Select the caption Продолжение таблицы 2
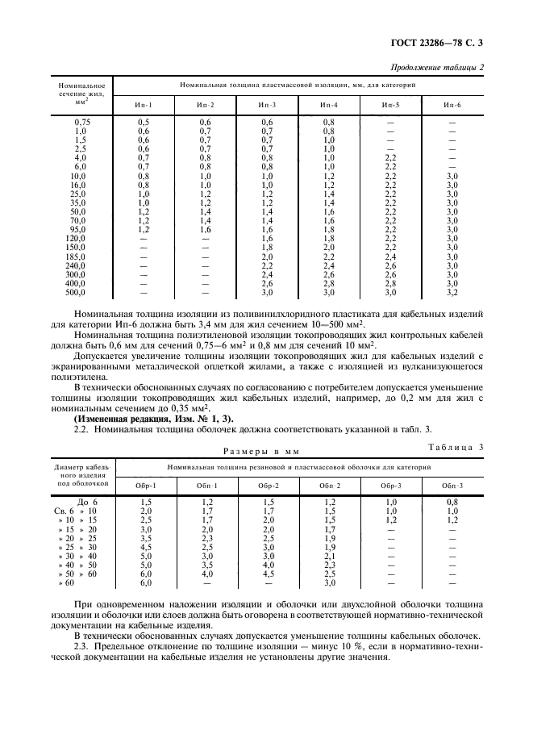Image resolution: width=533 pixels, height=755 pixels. (x=436, y=67)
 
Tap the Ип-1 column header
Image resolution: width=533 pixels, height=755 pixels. (x=143, y=105)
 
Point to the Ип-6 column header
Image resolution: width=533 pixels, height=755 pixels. (x=452, y=105)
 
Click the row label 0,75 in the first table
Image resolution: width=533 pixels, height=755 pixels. (x=81, y=122)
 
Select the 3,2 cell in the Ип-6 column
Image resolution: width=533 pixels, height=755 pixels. (x=452, y=293)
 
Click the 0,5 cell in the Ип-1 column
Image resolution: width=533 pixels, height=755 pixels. (x=143, y=122)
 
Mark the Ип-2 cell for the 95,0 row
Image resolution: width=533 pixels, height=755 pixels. (x=205, y=230)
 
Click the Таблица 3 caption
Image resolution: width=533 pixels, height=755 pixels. (x=456, y=446)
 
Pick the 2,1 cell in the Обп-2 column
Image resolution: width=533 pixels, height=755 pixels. (x=330, y=556)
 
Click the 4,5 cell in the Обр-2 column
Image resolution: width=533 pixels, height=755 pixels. (x=267, y=574)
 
